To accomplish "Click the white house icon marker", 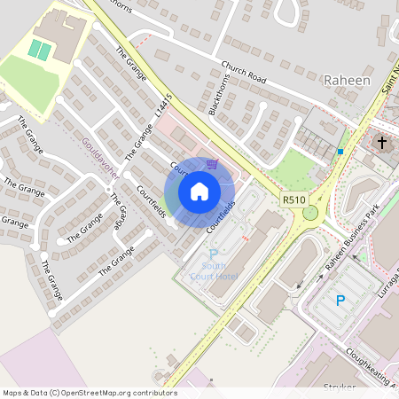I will point(199,192).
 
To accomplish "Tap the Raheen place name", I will point(347,80).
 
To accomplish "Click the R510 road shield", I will point(294,200).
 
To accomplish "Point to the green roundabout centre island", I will point(310,213).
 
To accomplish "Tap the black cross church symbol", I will point(383,142).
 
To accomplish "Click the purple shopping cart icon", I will point(212,163).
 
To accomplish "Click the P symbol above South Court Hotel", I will point(213,255).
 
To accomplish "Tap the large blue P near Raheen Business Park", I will point(340,301).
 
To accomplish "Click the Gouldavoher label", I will point(100,157).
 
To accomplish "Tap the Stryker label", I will point(340,388).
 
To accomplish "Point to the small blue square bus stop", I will point(340,152).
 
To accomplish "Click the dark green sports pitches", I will point(39,49).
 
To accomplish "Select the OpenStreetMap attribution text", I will point(89,392).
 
